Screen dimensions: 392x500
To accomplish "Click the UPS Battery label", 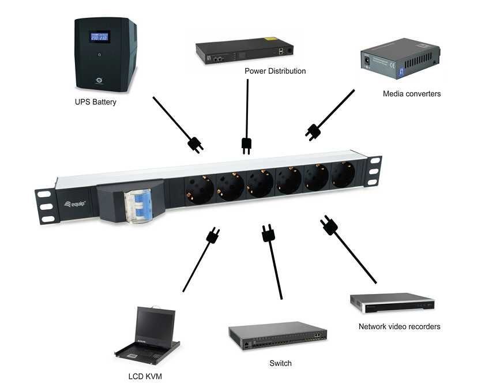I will point(96,102).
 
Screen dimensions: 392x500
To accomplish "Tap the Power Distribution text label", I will point(275,71).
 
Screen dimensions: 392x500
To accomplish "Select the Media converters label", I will point(412,93).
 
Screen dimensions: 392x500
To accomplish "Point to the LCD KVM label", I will point(144,378).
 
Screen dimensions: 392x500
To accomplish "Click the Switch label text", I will point(280,363).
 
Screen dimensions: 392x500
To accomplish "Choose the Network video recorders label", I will point(399,326).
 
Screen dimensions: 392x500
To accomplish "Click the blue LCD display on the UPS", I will point(100,37).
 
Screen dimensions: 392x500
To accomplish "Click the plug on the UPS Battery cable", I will point(195,144).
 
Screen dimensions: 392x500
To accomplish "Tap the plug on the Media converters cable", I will point(313,132).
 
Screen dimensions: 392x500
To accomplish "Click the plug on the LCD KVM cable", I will point(212,235).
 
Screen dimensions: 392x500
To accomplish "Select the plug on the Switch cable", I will point(268,233).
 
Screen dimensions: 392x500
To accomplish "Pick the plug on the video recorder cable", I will point(329,225).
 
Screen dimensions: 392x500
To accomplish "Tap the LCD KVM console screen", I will point(155,325).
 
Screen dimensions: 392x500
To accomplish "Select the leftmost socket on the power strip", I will point(198,186).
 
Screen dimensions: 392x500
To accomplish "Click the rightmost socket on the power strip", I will point(343,174).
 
